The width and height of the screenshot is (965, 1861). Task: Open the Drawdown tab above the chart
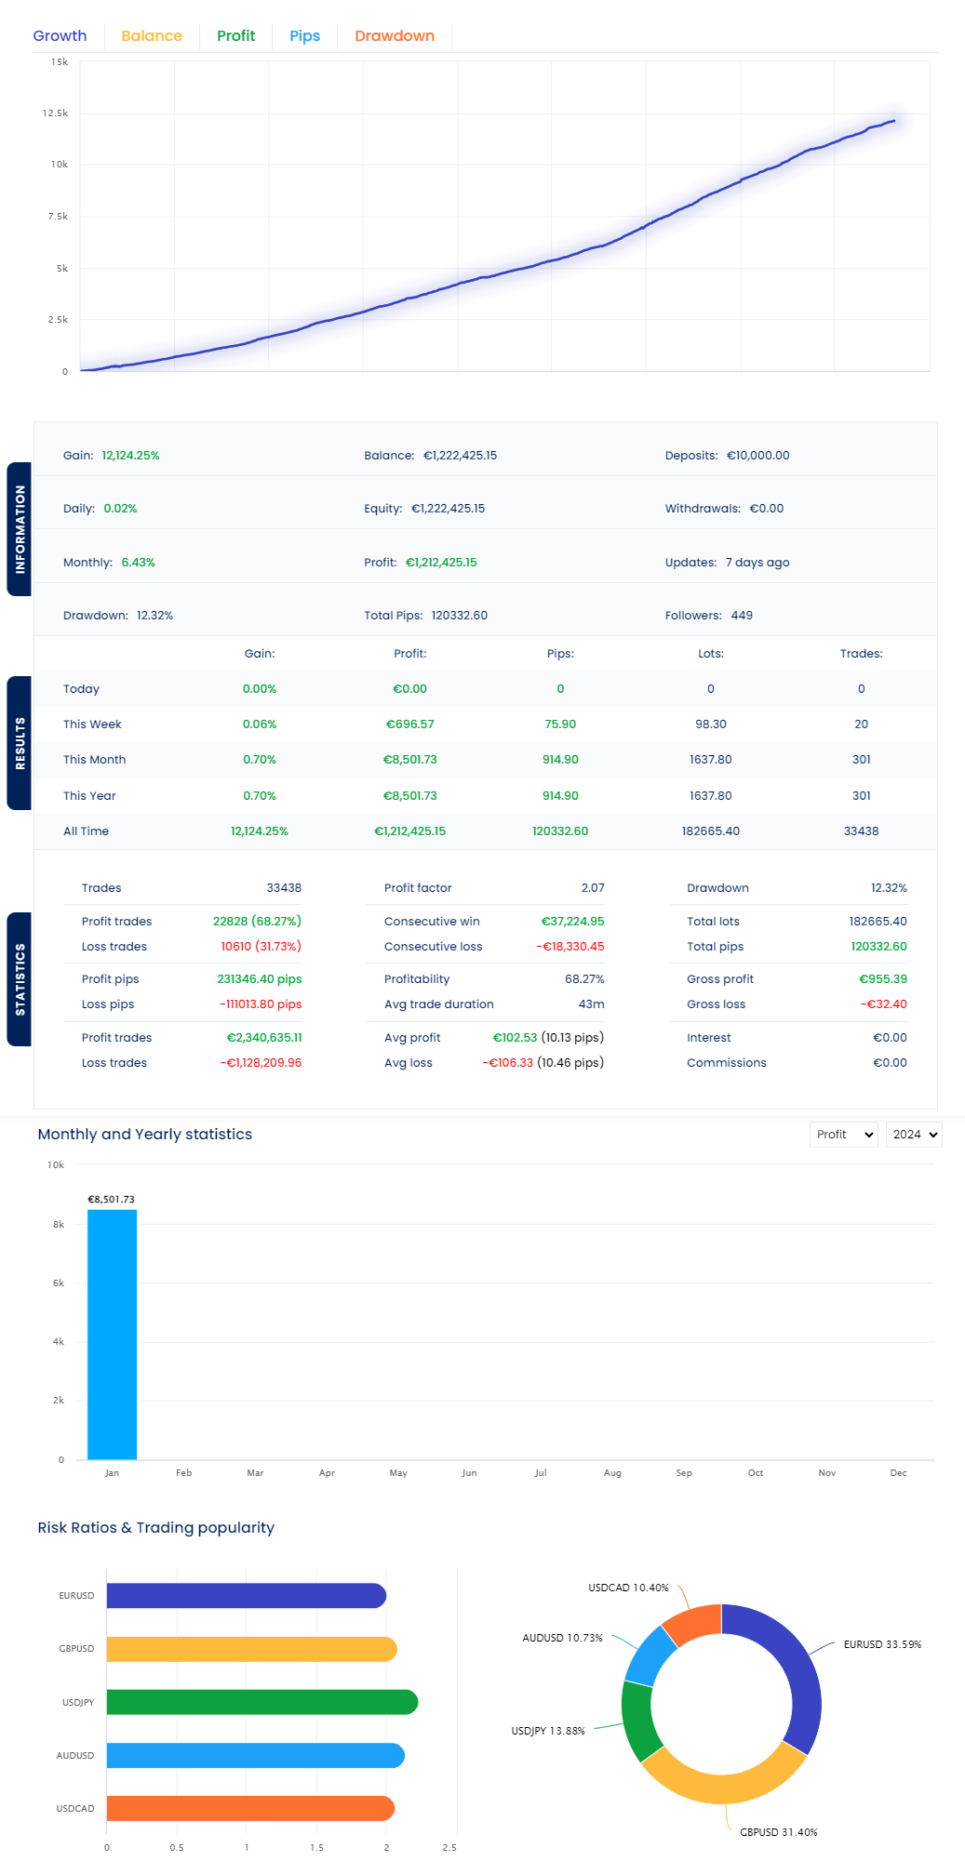(394, 36)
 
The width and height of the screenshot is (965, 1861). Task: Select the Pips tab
(304, 36)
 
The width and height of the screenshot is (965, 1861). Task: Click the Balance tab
(152, 36)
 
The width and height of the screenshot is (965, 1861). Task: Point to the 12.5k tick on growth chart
(55, 113)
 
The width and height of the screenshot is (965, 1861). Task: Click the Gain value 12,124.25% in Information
(130, 456)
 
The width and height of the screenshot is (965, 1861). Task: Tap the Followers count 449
(742, 616)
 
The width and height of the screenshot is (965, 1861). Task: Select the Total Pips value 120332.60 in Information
(459, 616)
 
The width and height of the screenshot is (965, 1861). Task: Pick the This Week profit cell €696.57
(409, 724)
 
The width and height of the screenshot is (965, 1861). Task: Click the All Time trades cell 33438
(861, 831)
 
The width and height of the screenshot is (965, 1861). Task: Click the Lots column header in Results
(710, 654)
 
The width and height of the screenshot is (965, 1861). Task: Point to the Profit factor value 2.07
(593, 888)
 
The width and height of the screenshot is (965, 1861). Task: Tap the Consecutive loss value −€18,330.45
(570, 947)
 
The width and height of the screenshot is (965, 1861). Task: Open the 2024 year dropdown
(914, 1135)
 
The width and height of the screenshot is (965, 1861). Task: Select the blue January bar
(112, 1335)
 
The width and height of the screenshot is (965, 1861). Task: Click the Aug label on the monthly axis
(612, 1473)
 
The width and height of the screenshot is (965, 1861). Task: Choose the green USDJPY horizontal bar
(261, 1702)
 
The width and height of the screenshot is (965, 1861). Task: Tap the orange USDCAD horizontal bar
(250, 1808)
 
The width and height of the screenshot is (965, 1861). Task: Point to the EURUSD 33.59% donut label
(882, 1644)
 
